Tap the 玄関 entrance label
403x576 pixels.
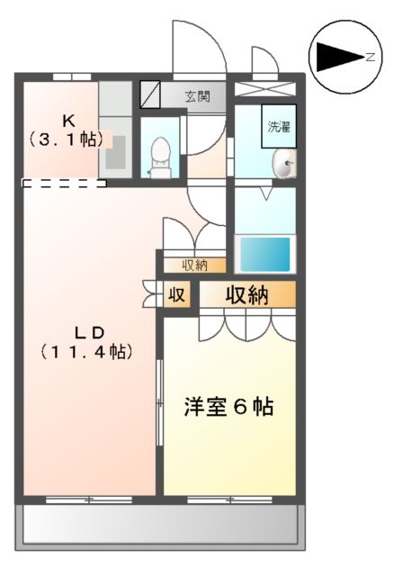[x=198, y=94]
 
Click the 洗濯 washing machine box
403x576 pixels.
[x=278, y=127]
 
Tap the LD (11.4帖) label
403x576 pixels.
[x=85, y=343]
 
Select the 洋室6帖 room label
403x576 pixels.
[x=229, y=406]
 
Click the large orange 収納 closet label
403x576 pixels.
[x=246, y=295]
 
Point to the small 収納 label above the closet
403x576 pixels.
[x=194, y=265]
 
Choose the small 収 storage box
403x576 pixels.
[x=178, y=295]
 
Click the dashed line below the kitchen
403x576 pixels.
[x=64, y=184]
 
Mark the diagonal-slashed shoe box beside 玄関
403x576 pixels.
[x=150, y=94]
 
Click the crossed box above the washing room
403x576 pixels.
[x=265, y=88]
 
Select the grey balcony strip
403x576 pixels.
[x=160, y=523]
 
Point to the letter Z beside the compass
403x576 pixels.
[x=370, y=57]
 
